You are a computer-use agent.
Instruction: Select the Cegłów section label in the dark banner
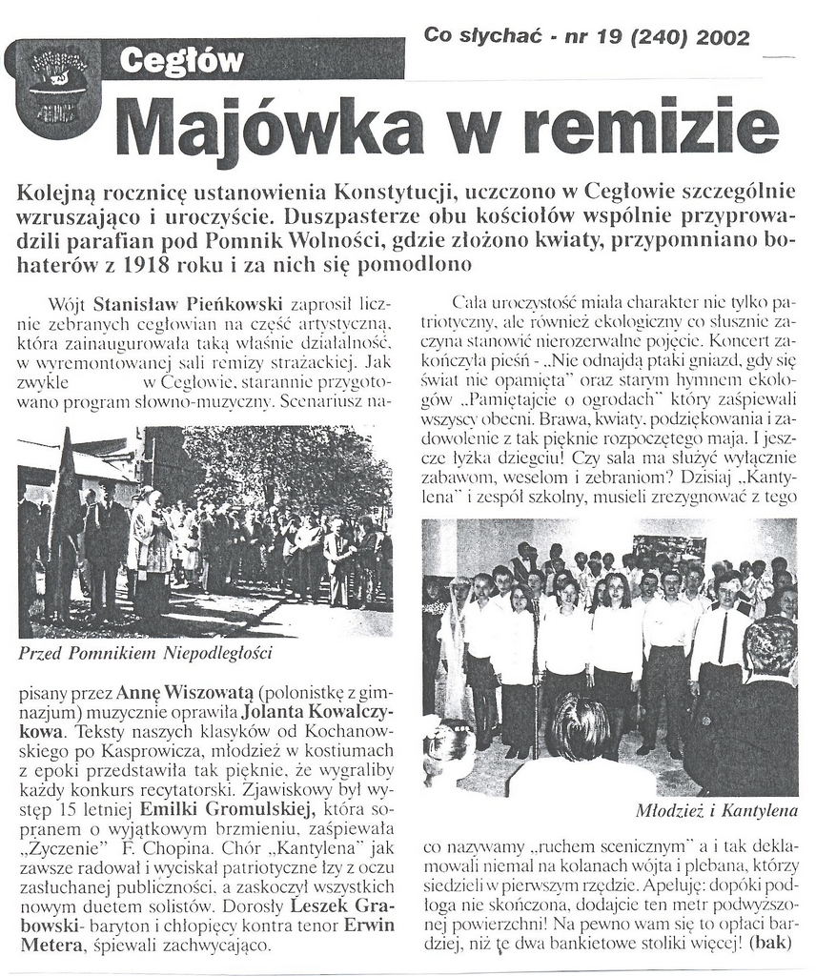point(181,63)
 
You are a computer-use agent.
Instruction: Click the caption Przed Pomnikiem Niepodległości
point(146,654)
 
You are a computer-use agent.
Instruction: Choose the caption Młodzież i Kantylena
point(715,812)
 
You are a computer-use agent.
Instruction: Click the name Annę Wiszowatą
point(172,690)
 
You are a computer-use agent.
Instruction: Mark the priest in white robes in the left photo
point(150,553)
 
